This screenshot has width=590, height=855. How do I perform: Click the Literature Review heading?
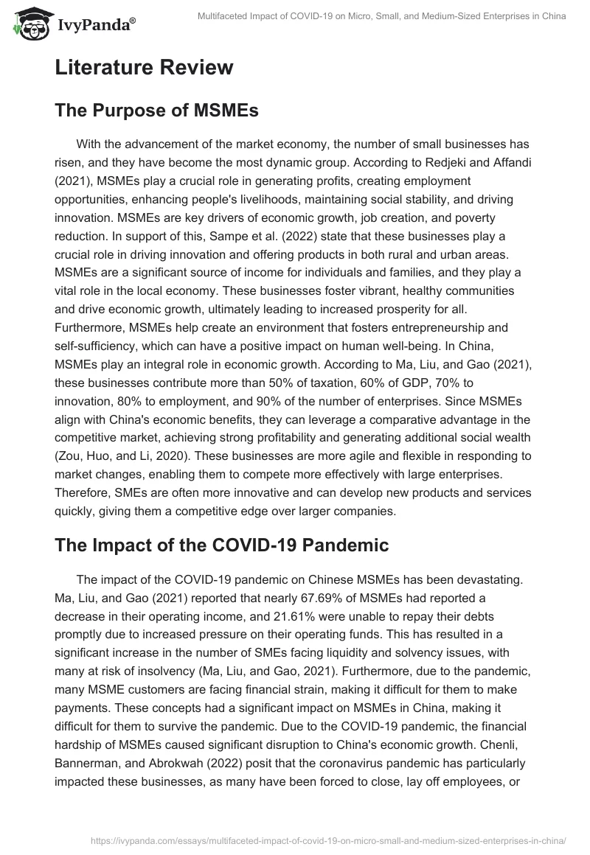(x=144, y=68)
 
